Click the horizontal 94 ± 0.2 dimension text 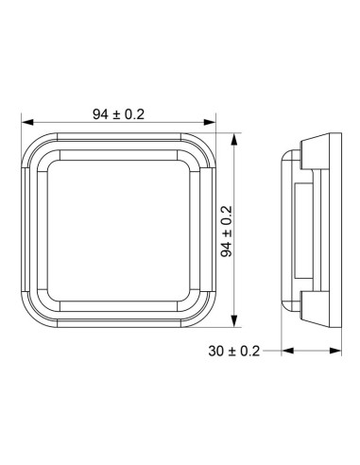tap(118, 113)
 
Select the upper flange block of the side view tap(317, 157)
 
